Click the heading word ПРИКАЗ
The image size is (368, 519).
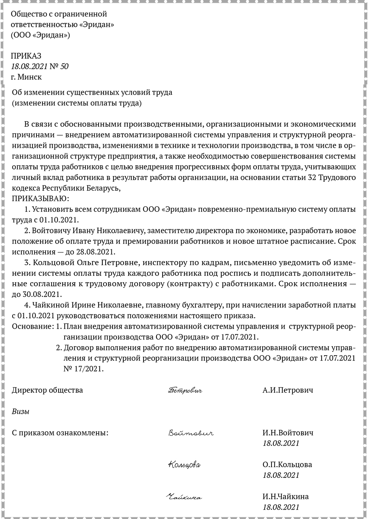click(x=26, y=56)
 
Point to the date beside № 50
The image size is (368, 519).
click(x=30, y=66)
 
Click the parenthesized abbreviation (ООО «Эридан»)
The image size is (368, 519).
click(x=40, y=35)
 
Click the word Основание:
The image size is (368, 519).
click(x=33, y=326)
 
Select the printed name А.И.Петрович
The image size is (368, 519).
click(x=288, y=390)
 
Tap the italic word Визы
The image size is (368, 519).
click(x=21, y=411)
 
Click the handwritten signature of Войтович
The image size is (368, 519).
click(x=190, y=434)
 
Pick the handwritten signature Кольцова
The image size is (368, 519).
click(x=184, y=465)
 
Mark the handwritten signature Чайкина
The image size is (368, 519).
click(x=184, y=497)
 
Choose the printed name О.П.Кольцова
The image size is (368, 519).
click(x=287, y=465)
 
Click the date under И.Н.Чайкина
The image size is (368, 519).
click(x=281, y=507)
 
